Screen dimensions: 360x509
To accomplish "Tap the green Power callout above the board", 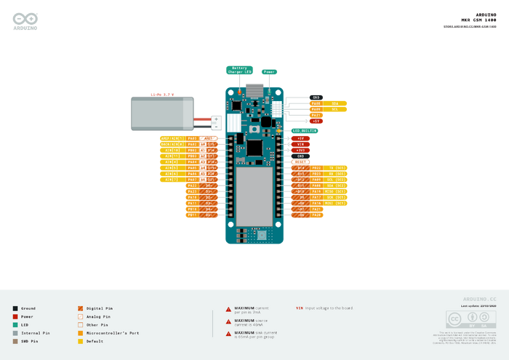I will (268, 72).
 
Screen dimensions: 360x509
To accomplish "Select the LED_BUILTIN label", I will (305, 131).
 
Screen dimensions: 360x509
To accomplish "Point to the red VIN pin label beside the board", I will (301, 144).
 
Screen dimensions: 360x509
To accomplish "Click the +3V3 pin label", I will (301, 150).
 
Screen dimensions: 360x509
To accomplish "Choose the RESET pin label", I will (301, 161).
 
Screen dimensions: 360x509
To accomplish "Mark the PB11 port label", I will (193, 215).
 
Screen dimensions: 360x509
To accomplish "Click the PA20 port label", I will (316, 215).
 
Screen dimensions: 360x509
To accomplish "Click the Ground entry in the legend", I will (28, 308).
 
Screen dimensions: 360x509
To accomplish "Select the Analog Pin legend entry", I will (97, 316).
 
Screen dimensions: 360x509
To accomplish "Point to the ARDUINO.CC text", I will (479, 299).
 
